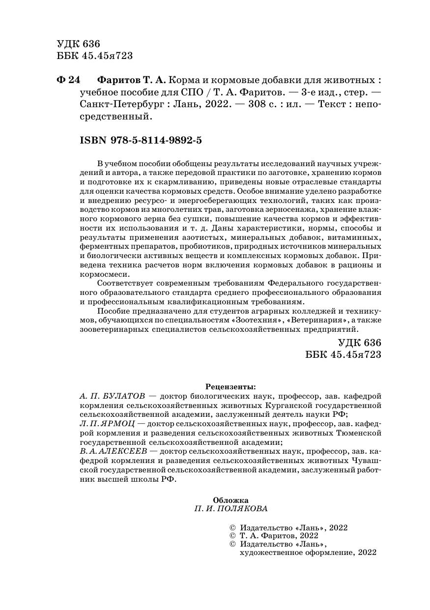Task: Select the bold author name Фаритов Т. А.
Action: [132, 80]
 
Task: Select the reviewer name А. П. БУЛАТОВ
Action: [110, 396]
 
